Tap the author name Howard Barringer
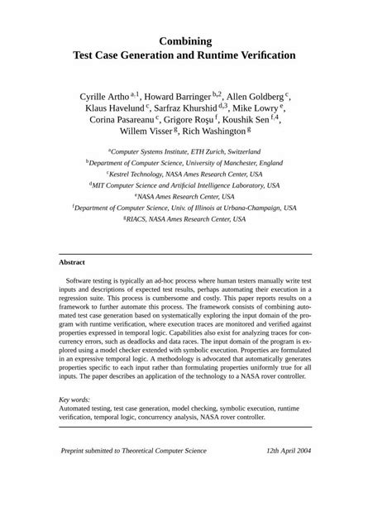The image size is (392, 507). (x=177, y=96)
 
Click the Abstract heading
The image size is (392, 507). (x=73, y=262)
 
